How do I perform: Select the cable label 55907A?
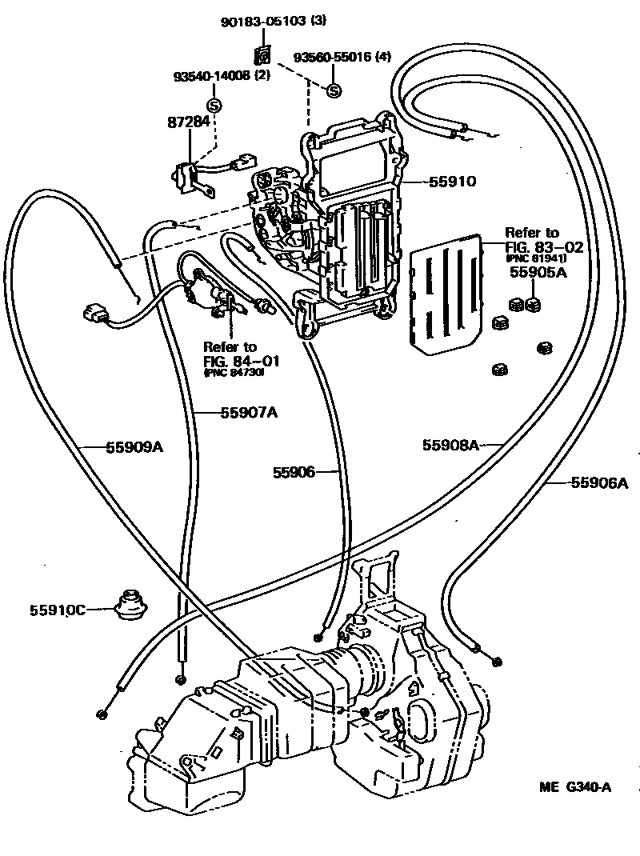[x=249, y=413]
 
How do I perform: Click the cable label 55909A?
[x=134, y=447]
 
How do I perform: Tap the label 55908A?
[x=450, y=445]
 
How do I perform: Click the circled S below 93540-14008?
[x=214, y=104]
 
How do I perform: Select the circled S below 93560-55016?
[x=334, y=90]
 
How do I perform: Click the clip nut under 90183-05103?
[x=262, y=56]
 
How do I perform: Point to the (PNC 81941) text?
[x=535, y=258]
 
